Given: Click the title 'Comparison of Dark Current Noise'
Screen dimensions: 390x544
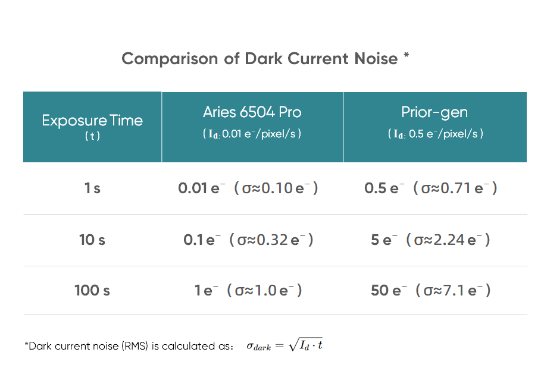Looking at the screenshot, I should tap(260, 59).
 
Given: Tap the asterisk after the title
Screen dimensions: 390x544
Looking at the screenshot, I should tap(406, 56).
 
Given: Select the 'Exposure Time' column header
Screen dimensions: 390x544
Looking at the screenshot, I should tap(92, 121).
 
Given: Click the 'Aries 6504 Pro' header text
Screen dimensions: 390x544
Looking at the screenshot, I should tap(252, 112).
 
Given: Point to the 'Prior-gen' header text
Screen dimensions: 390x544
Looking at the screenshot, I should tap(434, 112).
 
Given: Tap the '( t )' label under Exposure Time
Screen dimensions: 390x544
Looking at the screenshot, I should tap(92, 136).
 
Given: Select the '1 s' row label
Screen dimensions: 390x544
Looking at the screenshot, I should tap(92, 188).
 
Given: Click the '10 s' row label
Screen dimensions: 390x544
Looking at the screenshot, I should tap(92, 240).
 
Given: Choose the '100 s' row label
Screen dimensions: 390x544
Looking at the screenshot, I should tap(92, 291).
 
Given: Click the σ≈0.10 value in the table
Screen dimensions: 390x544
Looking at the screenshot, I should tap(276, 188).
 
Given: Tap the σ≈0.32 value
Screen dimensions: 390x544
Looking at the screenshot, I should tap(275, 240).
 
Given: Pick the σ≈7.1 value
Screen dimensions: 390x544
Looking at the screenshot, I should tap(454, 291).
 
